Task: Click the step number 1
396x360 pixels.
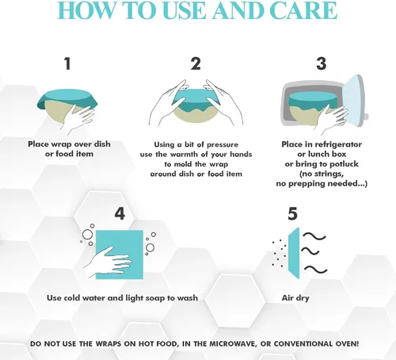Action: pos(68,63)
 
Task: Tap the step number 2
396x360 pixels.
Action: pos(196,63)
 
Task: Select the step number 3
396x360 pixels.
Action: pos(322,63)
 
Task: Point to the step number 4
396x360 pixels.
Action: pos(120,214)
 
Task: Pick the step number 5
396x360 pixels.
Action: pos(292,214)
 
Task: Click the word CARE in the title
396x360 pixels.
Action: pos(303,10)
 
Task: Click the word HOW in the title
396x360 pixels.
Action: pos(87,10)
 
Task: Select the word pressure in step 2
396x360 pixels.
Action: pos(223,145)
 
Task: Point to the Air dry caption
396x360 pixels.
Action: pos(295,298)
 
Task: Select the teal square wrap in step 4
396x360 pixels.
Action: pos(120,255)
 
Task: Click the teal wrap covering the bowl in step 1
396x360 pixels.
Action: pos(67,100)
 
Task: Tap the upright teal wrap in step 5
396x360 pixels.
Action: pos(294,253)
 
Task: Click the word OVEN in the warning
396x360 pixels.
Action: pos(347,344)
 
